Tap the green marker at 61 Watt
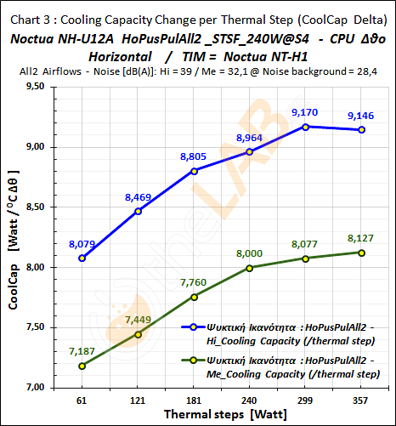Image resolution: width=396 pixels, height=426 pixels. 82,366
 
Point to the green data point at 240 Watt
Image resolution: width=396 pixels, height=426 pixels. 249,268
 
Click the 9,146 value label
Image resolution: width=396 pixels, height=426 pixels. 361,116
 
